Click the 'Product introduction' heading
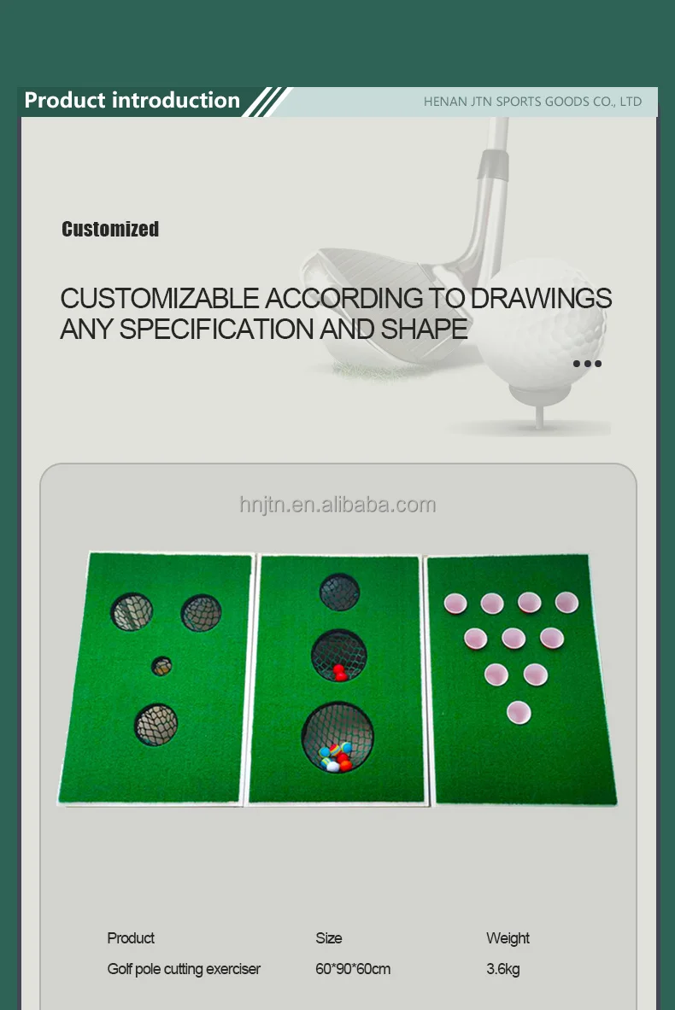click(132, 101)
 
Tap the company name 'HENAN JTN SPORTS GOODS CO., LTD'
click(532, 102)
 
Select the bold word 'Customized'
click(110, 229)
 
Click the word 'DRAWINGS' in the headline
click(542, 298)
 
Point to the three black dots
click(587, 364)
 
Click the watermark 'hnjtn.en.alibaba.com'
click(337, 505)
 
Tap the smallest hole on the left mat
click(161, 665)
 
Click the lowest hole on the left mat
click(156, 724)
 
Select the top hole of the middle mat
click(339, 592)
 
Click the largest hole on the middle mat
click(337, 737)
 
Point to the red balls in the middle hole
click(340, 672)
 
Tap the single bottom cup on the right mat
click(519, 711)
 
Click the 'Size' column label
click(329, 938)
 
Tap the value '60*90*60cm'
click(353, 969)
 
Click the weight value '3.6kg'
click(503, 969)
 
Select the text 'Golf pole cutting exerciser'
click(184, 969)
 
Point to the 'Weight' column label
click(508, 938)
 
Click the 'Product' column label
click(131, 938)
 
